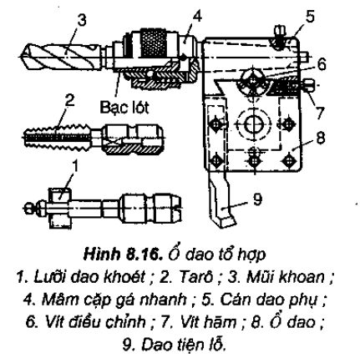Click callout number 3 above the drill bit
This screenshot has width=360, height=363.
coord(82,21)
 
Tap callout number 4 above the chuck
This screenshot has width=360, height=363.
coord(196,17)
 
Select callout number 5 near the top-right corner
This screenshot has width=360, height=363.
coord(309,17)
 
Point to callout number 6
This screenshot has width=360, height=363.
coord(321,65)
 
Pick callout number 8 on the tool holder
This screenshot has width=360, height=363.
coord(321,138)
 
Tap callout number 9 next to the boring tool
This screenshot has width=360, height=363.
coord(256,199)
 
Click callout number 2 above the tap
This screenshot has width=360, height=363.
coord(69,101)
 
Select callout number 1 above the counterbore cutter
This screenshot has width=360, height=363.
coord(74,167)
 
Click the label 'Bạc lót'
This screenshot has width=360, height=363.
coord(124,107)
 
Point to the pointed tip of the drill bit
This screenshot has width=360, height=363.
coord(20,57)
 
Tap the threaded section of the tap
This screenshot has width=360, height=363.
coord(58,136)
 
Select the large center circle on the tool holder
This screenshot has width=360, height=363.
coord(253,124)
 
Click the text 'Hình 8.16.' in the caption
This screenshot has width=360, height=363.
coord(123,255)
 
